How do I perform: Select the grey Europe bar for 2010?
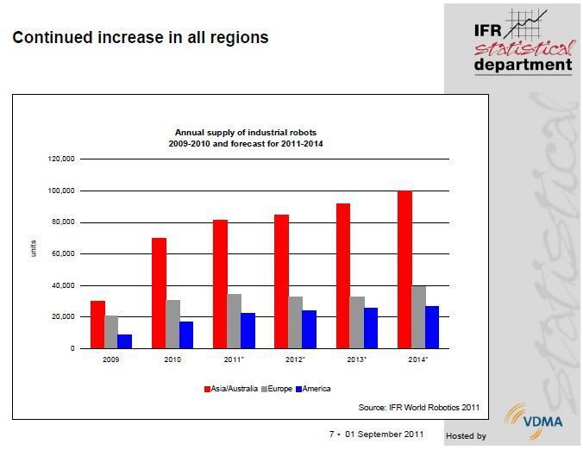(x=172, y=324)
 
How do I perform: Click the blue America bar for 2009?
(x=124, y=341)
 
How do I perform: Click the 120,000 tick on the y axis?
(x=62, y=159)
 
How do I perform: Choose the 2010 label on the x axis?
(x=172, y=359)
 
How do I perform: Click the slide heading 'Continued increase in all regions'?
(x=140, y=38)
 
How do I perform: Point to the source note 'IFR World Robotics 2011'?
(x=419, y=407)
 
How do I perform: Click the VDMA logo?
(x=540, y=421)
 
